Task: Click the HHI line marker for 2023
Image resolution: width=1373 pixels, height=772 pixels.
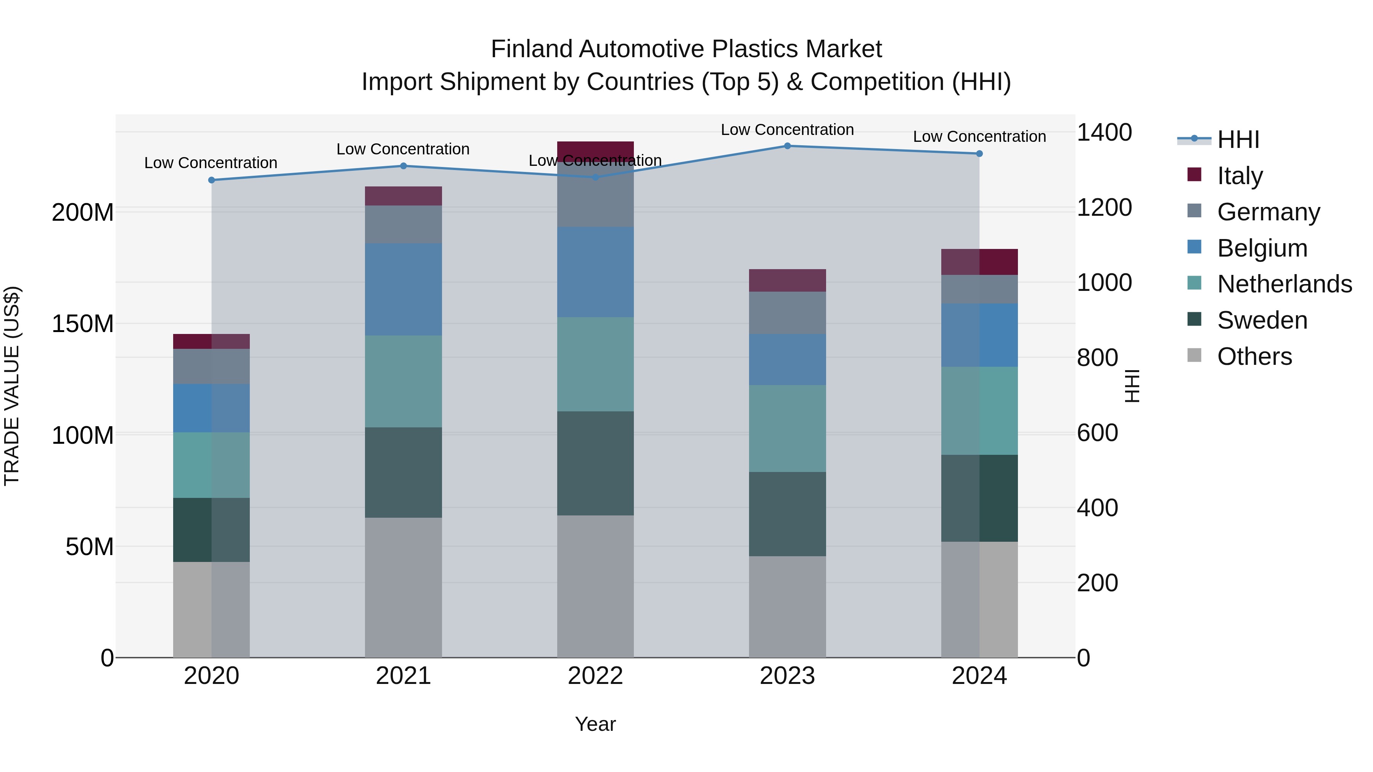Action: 787,146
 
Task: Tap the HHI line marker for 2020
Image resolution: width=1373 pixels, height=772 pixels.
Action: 212,180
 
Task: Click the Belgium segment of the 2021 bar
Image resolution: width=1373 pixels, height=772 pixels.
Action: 404,289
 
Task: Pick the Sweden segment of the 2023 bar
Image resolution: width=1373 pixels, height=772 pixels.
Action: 787,514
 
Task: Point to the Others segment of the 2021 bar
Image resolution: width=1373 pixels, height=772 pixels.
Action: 404,587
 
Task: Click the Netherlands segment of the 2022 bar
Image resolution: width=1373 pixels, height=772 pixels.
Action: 595,364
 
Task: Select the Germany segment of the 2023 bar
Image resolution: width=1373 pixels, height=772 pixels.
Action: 787,313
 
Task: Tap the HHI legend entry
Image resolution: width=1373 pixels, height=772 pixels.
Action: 1238,140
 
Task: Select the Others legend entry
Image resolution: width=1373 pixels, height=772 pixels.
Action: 1254,356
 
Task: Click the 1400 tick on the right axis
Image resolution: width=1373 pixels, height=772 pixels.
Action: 1104,132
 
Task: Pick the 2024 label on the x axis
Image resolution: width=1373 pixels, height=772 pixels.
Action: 979,676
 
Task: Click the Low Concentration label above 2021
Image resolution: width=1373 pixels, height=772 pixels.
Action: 403,149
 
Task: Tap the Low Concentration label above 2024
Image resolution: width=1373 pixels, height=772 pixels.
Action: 979,136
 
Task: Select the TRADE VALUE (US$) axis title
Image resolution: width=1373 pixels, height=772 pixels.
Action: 12,386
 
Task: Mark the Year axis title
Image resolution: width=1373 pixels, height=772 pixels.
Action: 595,724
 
